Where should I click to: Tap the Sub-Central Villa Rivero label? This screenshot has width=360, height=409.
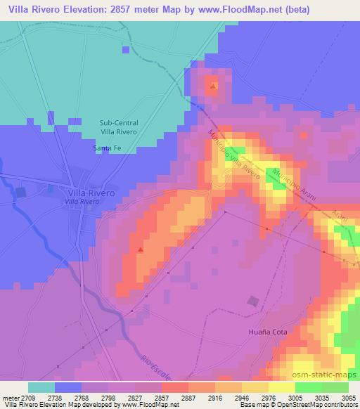120,126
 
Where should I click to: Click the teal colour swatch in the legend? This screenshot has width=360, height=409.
41,387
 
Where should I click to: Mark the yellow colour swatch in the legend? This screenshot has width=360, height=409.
281,387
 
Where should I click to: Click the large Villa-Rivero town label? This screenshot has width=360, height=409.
91,192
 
